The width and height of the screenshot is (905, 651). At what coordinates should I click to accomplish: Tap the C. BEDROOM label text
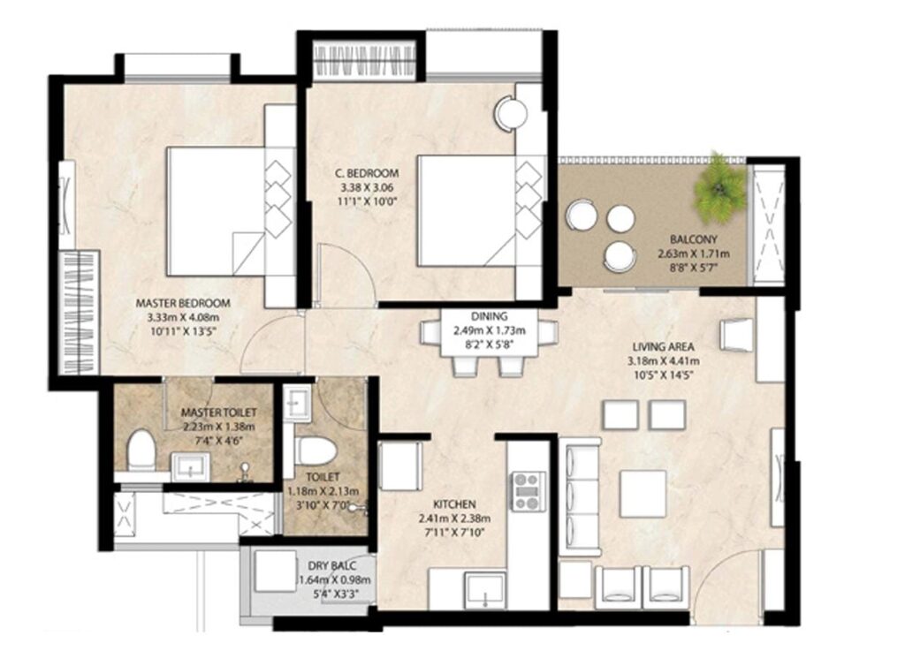point(367,173)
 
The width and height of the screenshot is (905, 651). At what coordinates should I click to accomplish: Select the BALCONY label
point(693,238)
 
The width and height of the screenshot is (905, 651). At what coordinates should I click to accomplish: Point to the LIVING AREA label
point(663,347)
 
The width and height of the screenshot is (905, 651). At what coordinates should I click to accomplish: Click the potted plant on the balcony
point(719,187)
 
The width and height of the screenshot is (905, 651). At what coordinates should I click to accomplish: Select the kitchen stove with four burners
point(528,491)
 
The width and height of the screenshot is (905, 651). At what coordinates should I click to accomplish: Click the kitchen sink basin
point(485,590)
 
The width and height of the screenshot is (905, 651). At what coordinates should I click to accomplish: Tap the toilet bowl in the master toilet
point(141,450)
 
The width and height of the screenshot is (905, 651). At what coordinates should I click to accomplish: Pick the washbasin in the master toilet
point(191,466)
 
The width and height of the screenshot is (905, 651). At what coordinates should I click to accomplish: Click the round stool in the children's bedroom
point(510,114)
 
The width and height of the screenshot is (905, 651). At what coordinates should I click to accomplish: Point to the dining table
point(489,333)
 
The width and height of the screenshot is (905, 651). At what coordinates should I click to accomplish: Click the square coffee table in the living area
point(643,493)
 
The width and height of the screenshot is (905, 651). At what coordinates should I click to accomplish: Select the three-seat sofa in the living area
point(580,496)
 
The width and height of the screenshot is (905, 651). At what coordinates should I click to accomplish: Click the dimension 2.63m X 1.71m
point(693,254)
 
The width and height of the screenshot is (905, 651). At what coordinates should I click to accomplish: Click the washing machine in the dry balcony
point(275,571)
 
